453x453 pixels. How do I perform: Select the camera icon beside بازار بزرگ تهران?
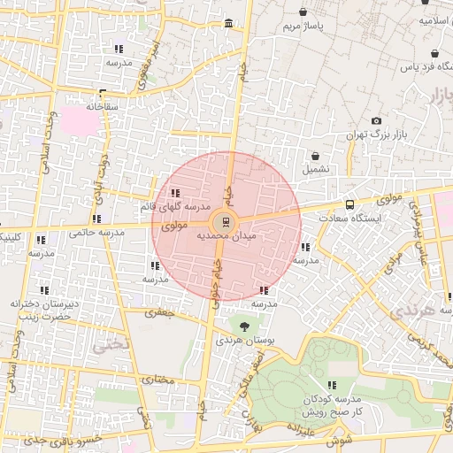point(376,120)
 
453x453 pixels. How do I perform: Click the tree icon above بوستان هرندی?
point(245,326)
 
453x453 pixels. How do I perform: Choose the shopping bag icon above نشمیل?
point(316,156)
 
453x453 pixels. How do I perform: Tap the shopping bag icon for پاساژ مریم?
point(305,13)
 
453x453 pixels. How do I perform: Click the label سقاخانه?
point(104,106)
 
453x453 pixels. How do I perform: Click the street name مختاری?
point(160,380)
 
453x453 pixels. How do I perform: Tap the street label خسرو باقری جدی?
point(58,439)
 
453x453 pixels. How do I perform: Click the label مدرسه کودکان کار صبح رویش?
point(331,406)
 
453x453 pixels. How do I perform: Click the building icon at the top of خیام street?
point(229,23)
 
